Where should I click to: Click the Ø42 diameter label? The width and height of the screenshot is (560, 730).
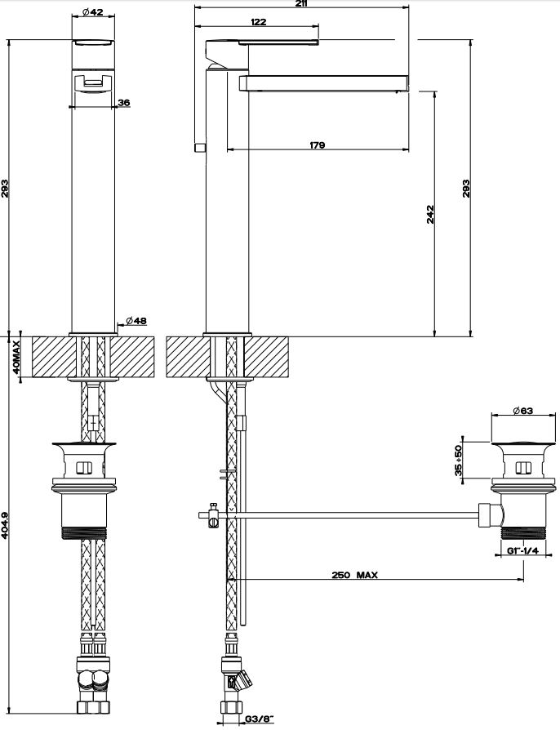[93, 12]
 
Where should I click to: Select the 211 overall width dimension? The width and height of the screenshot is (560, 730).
[302, 4]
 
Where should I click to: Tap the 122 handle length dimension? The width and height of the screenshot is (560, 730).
[258, 22]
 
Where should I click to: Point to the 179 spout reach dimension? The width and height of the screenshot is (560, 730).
[317, 145]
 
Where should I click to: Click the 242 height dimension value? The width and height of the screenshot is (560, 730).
[430, 215]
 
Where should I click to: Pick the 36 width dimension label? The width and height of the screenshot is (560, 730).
[124, 102]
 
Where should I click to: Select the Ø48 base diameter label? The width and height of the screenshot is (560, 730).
[136, 321]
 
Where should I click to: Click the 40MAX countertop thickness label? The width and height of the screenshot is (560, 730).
[16, 358]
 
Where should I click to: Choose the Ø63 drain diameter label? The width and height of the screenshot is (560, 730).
[522, 411]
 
